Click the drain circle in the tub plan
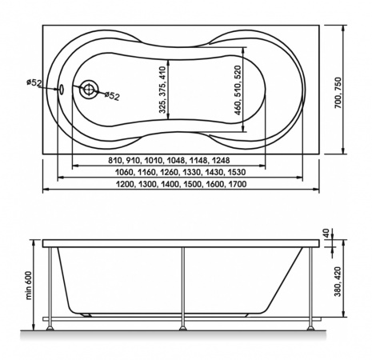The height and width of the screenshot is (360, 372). (x=89, y=90)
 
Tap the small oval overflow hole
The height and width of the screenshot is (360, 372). (x=61, y=90)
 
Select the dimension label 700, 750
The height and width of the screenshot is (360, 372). (x=338, y=93)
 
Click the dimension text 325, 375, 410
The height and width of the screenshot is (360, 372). (x=162, y=90)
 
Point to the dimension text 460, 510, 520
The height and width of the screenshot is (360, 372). (x=238, y=90)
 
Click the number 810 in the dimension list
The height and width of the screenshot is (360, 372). (x=114, y=160)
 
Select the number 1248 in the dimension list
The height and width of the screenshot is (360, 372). (x=221, y=160)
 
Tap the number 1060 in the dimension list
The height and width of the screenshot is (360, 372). (x=124, y=172)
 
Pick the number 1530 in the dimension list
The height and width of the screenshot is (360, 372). (x=237, y=172)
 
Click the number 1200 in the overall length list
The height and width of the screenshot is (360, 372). (x=125, y=184)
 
